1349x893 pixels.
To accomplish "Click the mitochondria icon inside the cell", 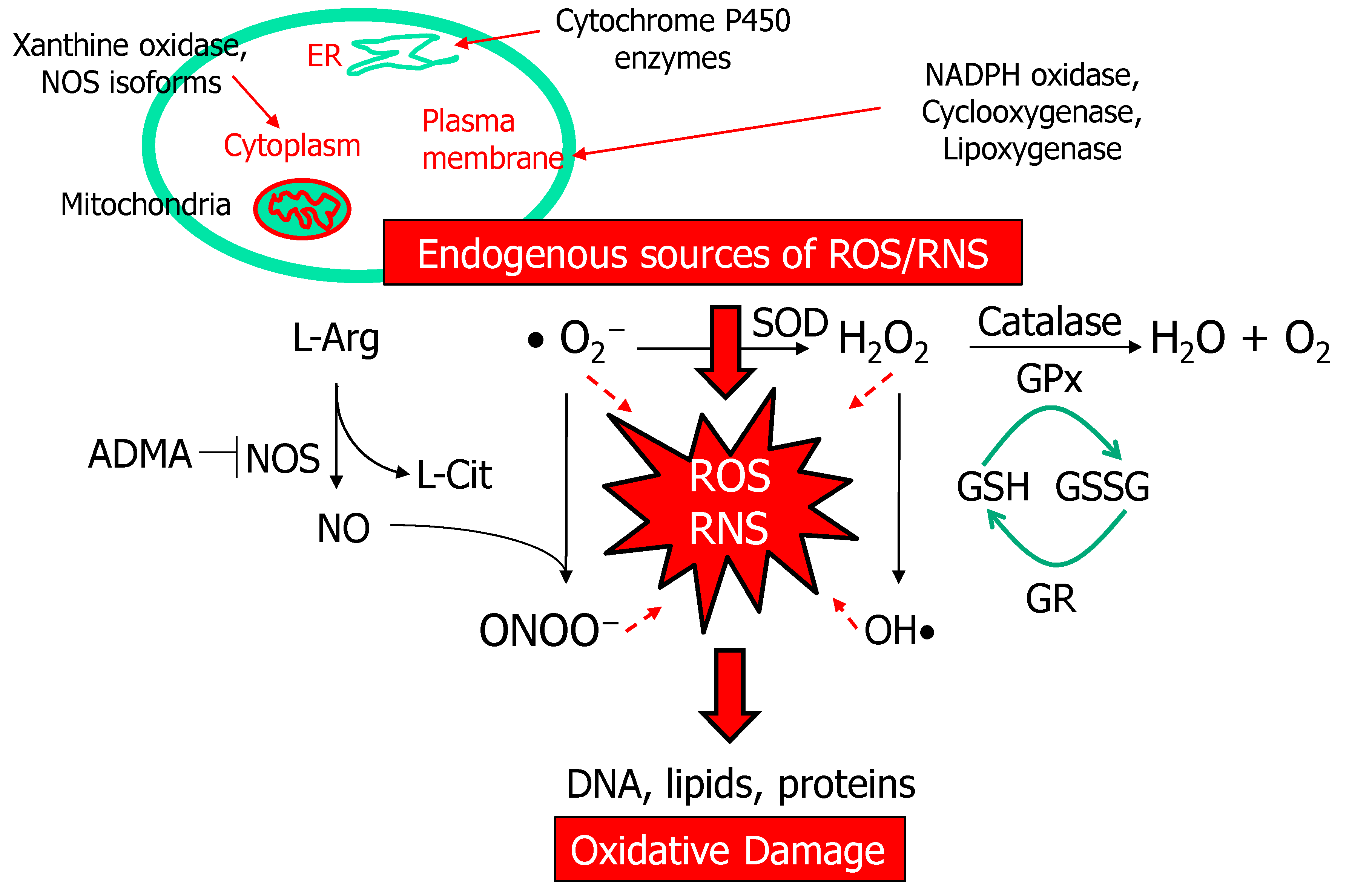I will coord(302,209).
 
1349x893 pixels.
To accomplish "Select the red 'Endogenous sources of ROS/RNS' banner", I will coord(702,253).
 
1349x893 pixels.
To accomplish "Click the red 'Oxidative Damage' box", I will coord(729,850).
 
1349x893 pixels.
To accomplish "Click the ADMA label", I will coord(140,454).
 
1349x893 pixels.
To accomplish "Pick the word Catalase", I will coord(1049,322).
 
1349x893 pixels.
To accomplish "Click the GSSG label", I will coord(1101,487).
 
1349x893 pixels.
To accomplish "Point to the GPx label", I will coord(1049,379).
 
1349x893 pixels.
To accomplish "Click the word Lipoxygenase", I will coord(1031,149).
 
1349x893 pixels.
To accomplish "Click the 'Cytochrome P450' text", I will coord(672,21).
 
